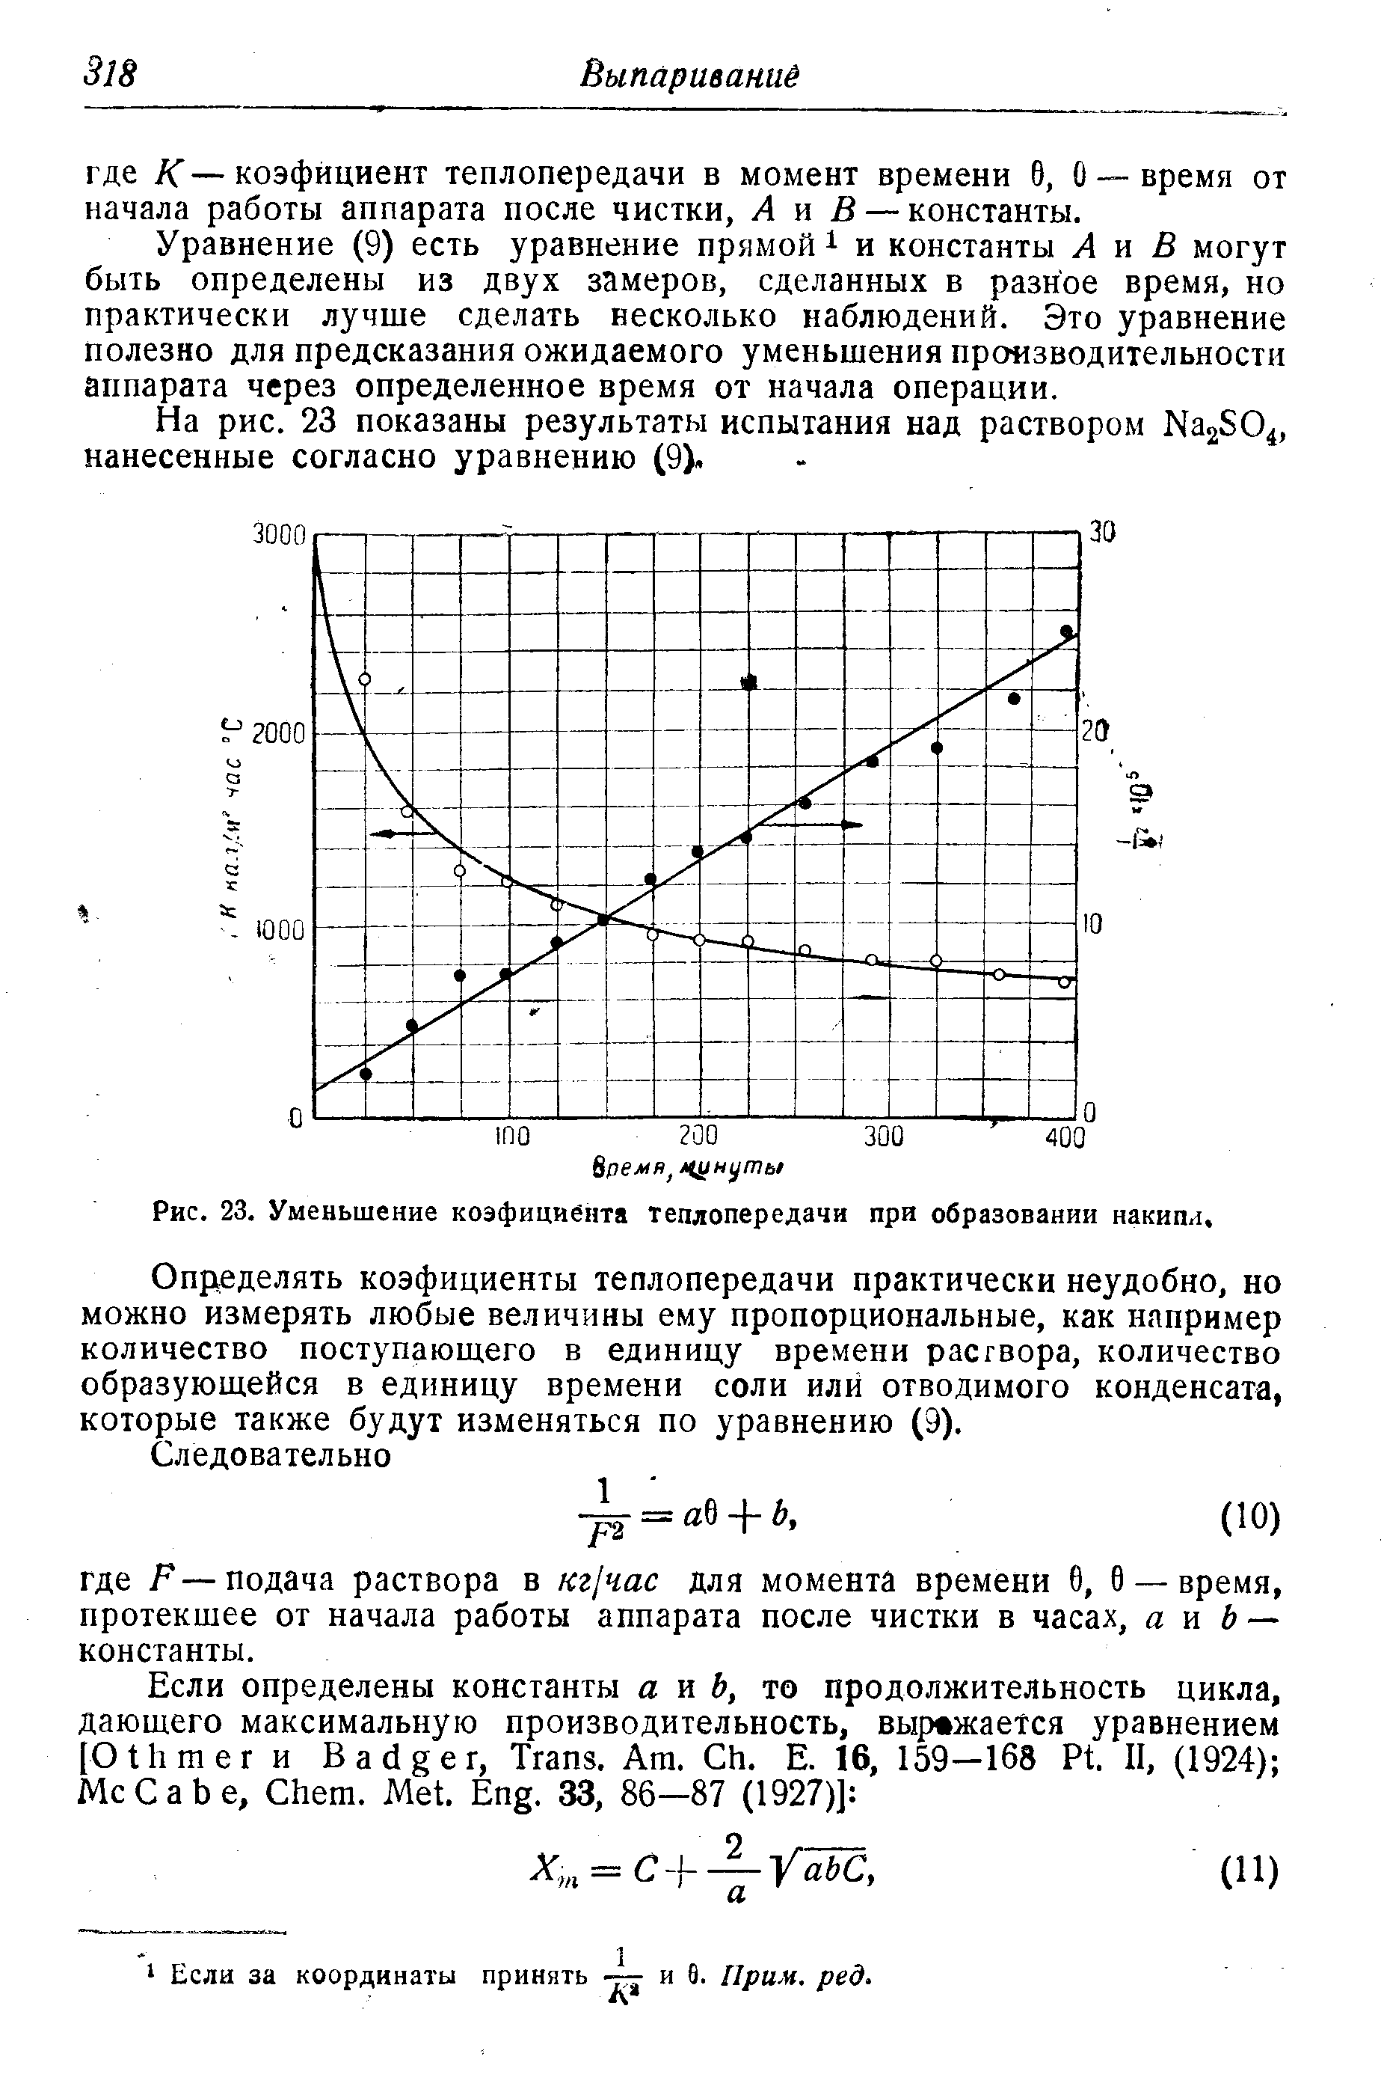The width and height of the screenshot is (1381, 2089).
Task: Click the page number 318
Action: [110, 73]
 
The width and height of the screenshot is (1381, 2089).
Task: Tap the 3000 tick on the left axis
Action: [277, 535]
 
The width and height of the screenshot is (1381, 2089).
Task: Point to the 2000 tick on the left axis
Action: [277, 733]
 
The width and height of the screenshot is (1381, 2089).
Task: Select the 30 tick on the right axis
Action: [1103, 531]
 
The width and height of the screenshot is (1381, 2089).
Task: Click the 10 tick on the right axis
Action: [1092, 924]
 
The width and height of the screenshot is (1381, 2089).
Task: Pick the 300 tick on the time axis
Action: [882, 1137]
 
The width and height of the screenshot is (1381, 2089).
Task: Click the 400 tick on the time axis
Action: [1066, 1137]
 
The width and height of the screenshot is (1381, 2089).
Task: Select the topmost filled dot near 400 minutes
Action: [1066, 631]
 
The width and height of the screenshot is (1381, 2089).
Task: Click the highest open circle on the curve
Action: [365, 679]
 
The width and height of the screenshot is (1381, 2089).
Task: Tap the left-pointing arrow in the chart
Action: [396, 833]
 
